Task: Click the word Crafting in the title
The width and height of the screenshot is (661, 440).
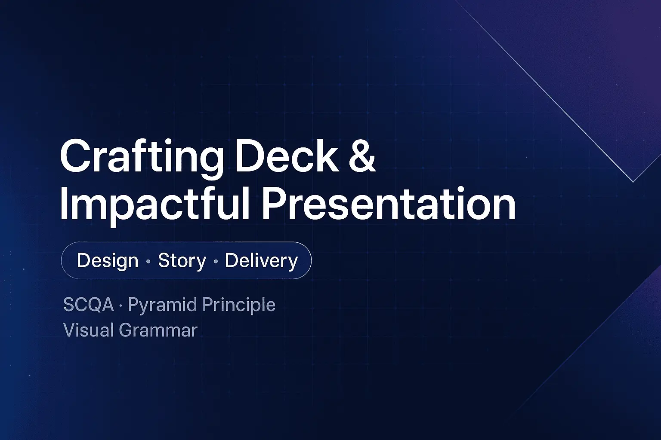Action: (x=141, y=156)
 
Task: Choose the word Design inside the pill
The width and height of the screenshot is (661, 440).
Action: (x=108, y=261)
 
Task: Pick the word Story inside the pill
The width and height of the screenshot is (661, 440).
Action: (x=182, y=261)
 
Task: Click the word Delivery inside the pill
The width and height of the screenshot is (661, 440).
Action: (x=261, y=261)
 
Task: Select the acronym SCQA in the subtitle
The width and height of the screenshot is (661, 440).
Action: (x=88, y=305)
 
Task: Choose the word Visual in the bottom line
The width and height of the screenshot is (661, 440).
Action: (x=88, y=330)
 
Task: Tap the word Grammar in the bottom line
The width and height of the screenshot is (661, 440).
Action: (x=158, y=330)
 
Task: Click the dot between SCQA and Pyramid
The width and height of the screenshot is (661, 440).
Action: (x=120, y=306)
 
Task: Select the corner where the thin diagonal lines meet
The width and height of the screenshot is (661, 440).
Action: (x=633, y=182)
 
